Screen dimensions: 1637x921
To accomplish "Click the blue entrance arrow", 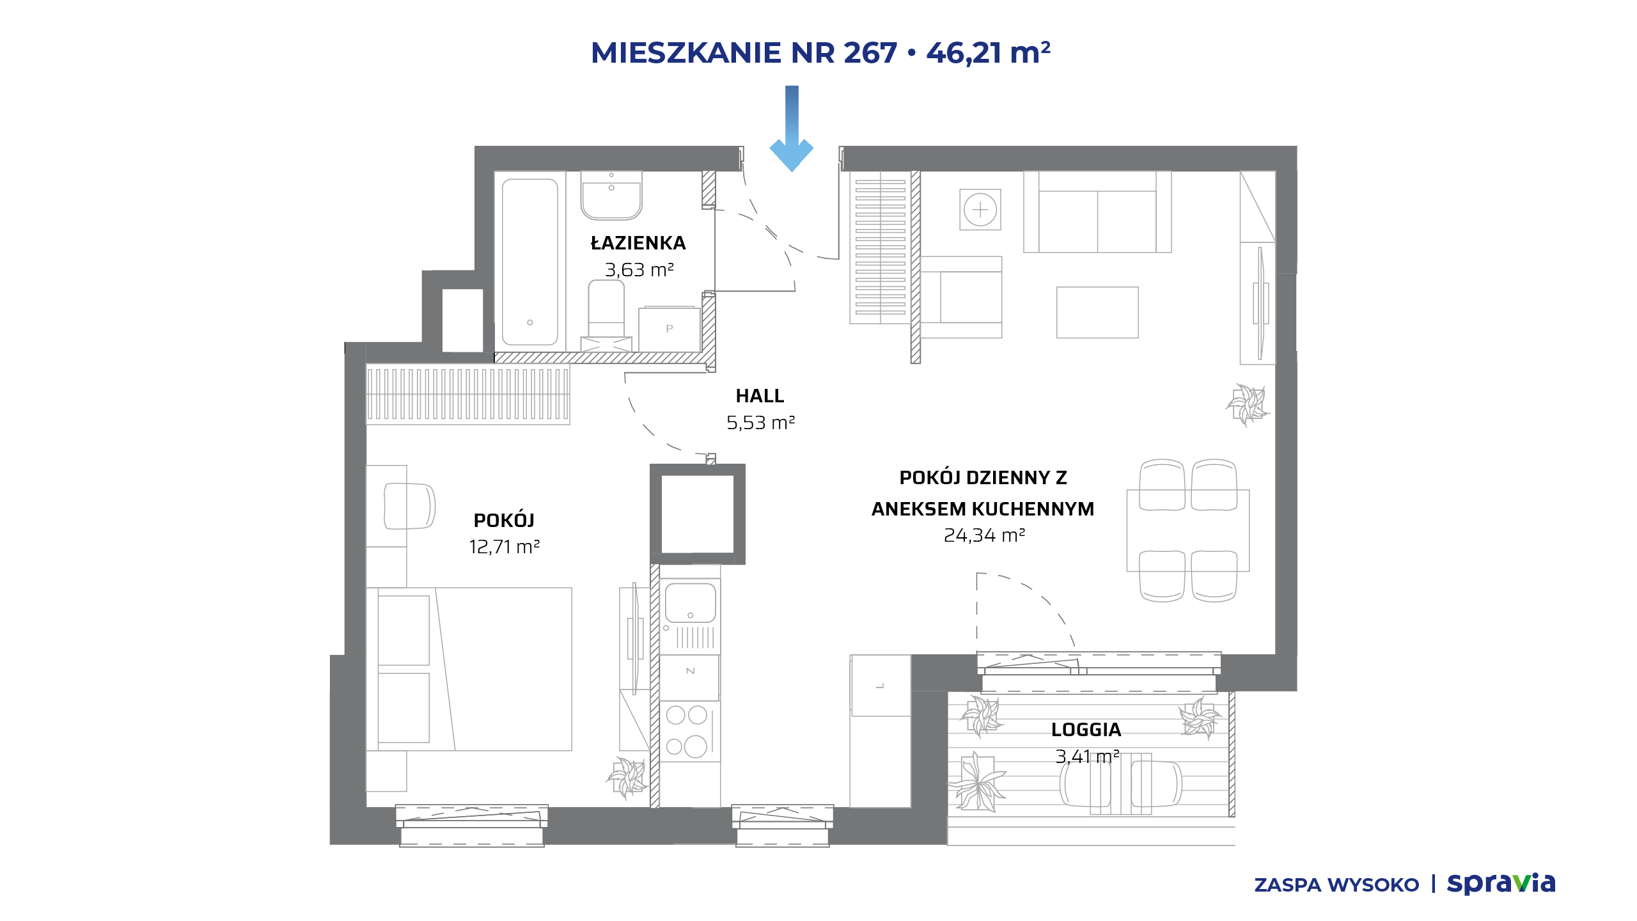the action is click(x=792, y=128).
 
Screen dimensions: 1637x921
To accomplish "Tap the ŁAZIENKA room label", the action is click(x=638, y=243).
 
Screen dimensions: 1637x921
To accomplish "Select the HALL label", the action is click(x=760, y=396).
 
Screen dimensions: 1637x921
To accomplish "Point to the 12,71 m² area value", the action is click(x=505, y=547).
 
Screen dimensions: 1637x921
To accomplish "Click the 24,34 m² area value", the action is click(x=984, y=535).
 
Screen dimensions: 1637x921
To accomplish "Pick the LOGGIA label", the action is click(x=1086, y=730).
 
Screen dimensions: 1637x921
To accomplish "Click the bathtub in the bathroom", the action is click(x=530, y=262).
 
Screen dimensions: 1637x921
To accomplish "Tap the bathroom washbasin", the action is click(x=611, y=195).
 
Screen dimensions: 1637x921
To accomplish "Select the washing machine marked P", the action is click(x=669, y=329).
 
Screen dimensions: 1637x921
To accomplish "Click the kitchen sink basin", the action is click(x=690, y=602).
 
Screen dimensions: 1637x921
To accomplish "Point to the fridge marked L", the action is click(x=881, y=685).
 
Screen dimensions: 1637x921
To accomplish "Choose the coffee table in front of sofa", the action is click(x=1097, y=312).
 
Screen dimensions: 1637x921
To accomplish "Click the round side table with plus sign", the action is click(x=980, y=209).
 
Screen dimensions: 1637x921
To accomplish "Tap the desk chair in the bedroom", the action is click(x=409, y=506).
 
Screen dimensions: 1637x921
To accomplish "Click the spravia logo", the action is click(x=1501, y=884).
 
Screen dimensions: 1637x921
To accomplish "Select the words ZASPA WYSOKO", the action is click(x=1336, y=885).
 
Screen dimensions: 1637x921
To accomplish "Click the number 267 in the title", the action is click(x=870, y=53).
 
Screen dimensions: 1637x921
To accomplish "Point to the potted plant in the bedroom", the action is click(x=627, y=778).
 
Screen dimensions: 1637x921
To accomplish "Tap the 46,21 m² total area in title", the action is click(x=988, y=52).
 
